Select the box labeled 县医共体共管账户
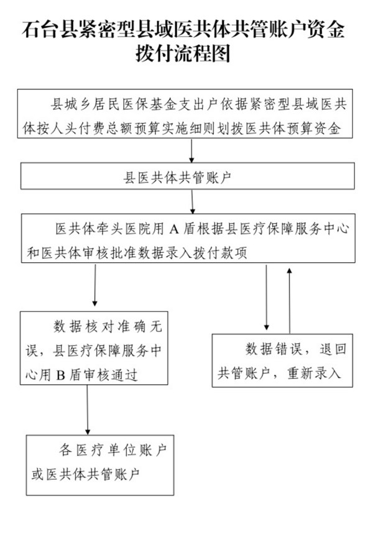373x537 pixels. tap(187, 176)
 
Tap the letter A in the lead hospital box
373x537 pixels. tap(174, 229)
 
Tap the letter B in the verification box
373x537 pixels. tap(61, 375)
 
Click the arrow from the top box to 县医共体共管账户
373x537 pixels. tap(191, 150)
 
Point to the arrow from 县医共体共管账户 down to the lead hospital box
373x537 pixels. tap(192, 202)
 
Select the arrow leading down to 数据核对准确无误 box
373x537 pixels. tap(95, 285)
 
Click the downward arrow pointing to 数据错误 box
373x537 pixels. tap(267, 297)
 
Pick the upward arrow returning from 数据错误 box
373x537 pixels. tap(290, 301)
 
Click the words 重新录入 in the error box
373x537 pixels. tap(314, 373)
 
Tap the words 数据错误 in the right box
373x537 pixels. tap(274, 349)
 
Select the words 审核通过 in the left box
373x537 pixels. tap(111, 375)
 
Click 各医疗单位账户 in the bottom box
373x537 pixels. tap(113, 450)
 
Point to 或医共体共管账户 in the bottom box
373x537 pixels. tap(86, 474)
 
